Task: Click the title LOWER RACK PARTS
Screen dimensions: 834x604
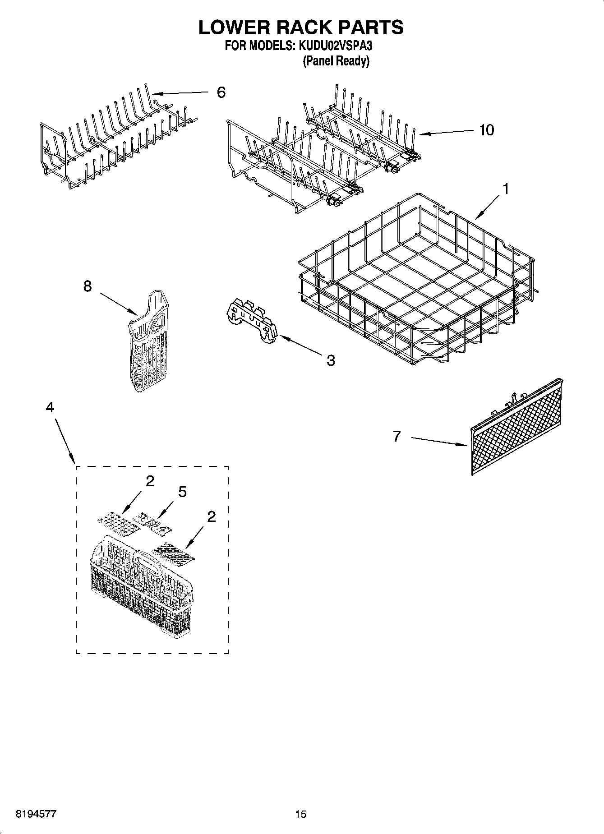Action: click(301, 27)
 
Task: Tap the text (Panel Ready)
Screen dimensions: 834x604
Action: click(336, 61)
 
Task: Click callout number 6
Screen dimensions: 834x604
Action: click(221, 92)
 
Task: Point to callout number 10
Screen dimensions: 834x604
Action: click(486, 130)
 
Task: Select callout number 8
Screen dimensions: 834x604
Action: click(88, 286)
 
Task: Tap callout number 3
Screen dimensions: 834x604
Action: click(331, 360)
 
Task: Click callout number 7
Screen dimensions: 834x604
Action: click(397, 436)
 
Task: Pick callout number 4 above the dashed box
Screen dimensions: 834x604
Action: click(50, 407)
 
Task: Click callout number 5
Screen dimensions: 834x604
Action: click(182, 492)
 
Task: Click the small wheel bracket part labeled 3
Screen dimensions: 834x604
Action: click(251, 321)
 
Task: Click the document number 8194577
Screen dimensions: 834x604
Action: click(36, 814)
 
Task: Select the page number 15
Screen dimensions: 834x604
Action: click(300, 814)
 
